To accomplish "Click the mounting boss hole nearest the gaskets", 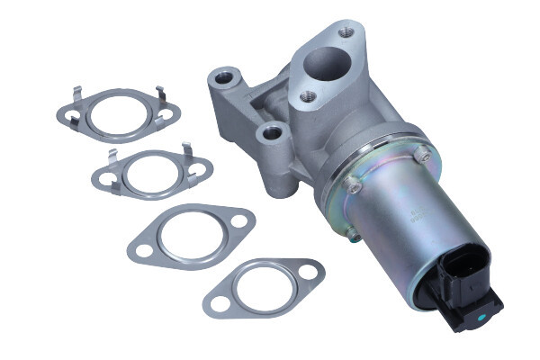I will click(270, 134).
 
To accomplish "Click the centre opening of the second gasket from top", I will click(151, 173).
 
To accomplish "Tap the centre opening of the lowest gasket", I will click(262, 288).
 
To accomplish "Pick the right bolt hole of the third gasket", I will click(238, 220).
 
